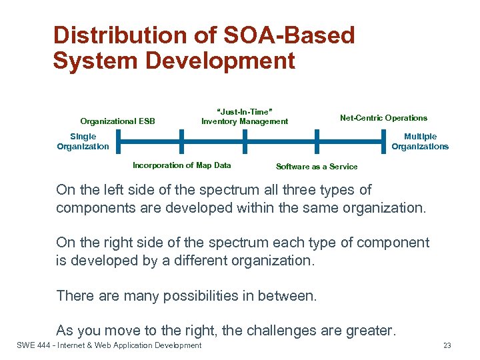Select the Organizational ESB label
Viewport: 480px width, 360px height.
pyautogui.click(x=117, y=121)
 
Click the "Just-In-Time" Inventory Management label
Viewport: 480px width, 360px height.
pyautogui.click(x=245, y=117)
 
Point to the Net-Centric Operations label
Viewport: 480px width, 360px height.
pyautogui.click(x=383, y=118)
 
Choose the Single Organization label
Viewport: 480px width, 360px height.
pyautogui.click(x=83, y=141)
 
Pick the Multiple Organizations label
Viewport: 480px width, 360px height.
pyautogui.click(x=420, y=141)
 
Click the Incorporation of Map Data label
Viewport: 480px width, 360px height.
pyautogui.click(x=182, y=165)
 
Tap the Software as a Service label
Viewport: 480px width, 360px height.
pyautogui.click(x=317, y=167)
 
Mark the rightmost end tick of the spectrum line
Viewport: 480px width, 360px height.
pyautogui.click(x=385, y=141)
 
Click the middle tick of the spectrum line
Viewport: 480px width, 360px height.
pyautogui.click(x=245, y=141)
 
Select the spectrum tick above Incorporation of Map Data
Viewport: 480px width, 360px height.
pyautogui.click(x=181, y=141)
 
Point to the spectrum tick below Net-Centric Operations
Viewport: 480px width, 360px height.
pyautogui.click(x=317, y=141)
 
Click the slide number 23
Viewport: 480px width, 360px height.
pyautogui.click(x=447, y=345)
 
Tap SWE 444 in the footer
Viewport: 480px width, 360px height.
pyautogui.click(x=29, y=345)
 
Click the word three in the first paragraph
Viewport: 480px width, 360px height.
pyautogui.click(x=282, y=190)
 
